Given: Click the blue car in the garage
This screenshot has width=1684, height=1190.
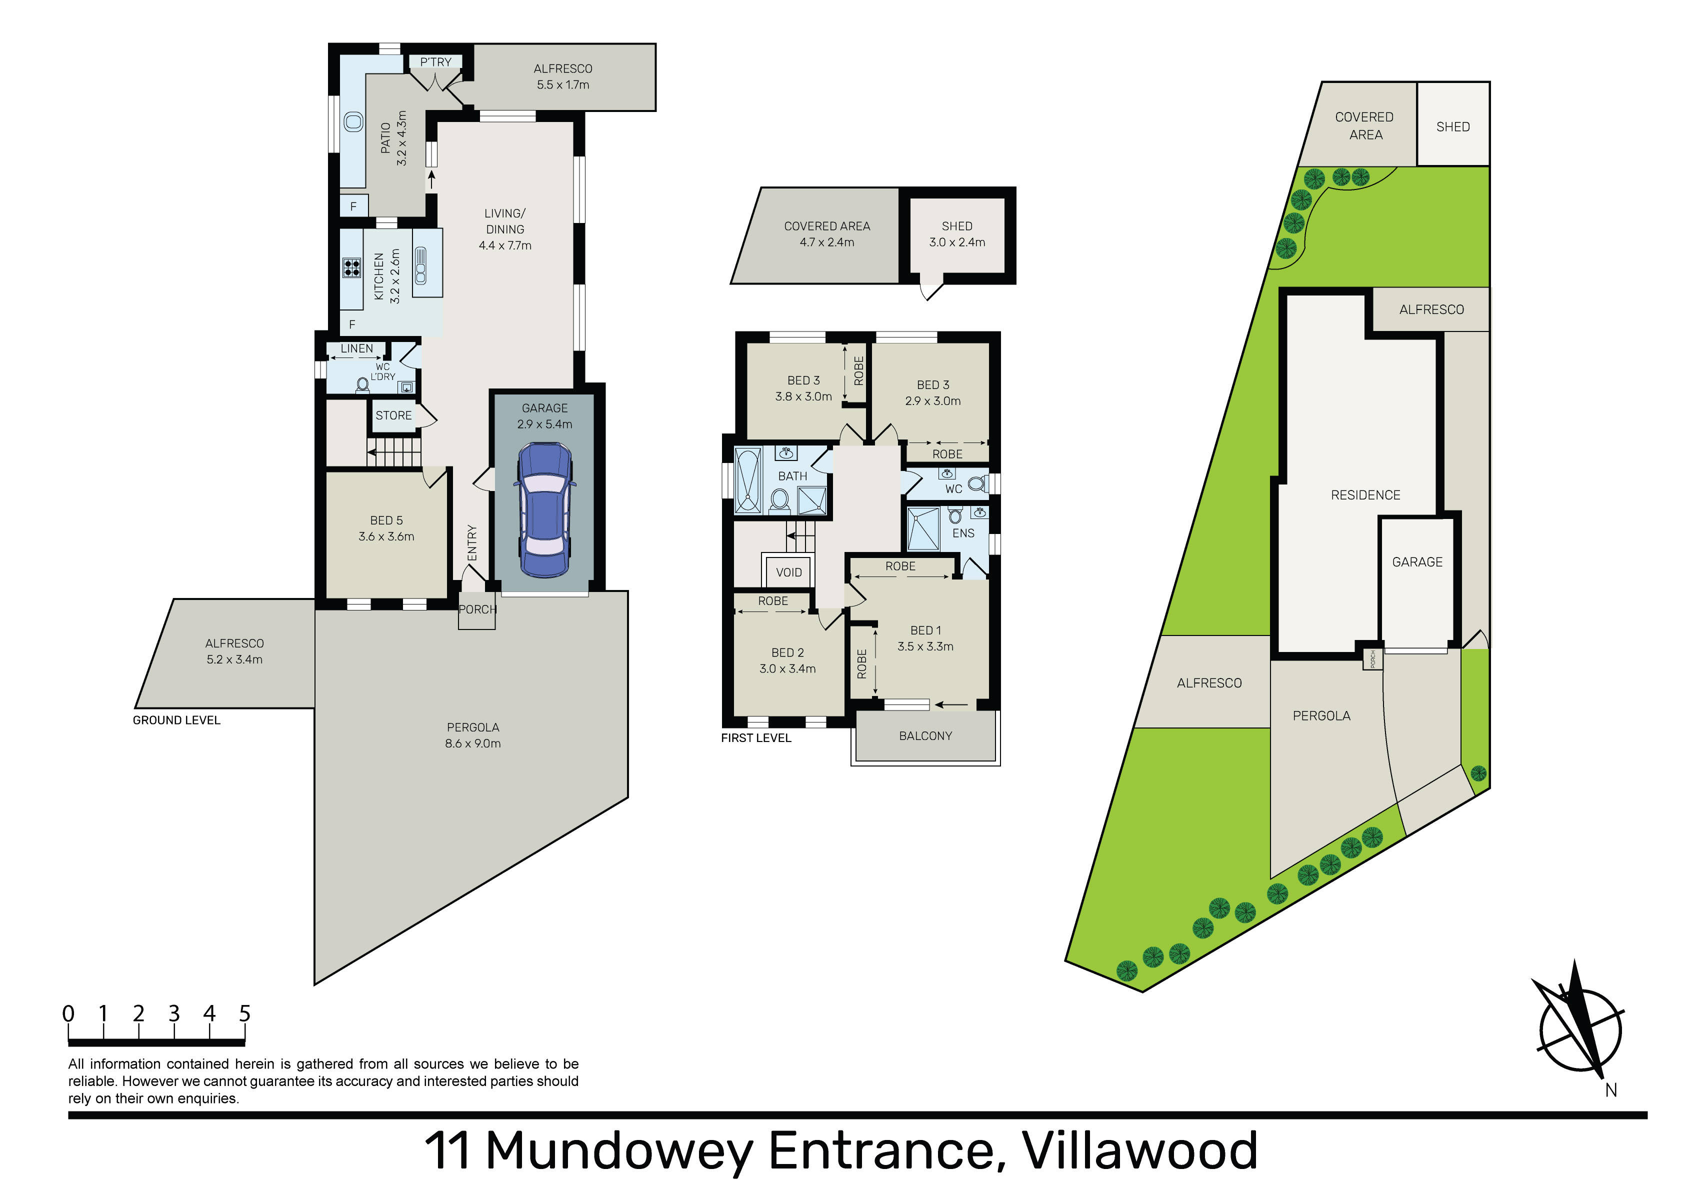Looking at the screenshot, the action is point(545,510).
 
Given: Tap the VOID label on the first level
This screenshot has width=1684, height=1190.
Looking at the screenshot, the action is point(788,572).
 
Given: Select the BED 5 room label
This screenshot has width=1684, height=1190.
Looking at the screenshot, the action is point(386,528).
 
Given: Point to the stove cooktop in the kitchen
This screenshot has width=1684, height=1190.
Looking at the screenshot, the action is point(352,268).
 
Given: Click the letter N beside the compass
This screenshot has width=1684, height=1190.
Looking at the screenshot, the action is point(1610,1090).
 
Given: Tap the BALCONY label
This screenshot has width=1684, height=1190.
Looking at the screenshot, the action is point(925,736).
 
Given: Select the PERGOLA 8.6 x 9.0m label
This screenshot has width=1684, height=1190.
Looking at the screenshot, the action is point(473,735).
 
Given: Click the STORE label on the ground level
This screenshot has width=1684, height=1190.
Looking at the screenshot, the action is point(394,415).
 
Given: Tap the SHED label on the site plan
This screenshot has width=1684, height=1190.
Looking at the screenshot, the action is point(1453,127).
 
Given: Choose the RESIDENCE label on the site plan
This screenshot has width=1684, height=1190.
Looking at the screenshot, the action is point(1365,495).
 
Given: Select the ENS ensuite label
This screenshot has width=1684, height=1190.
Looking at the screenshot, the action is point(963,533).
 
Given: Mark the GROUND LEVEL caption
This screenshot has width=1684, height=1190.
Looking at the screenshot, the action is point(177,720).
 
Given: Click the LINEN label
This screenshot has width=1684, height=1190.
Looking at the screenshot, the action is point(356,348).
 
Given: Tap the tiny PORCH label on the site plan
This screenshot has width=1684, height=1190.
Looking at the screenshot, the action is point(1372,659).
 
